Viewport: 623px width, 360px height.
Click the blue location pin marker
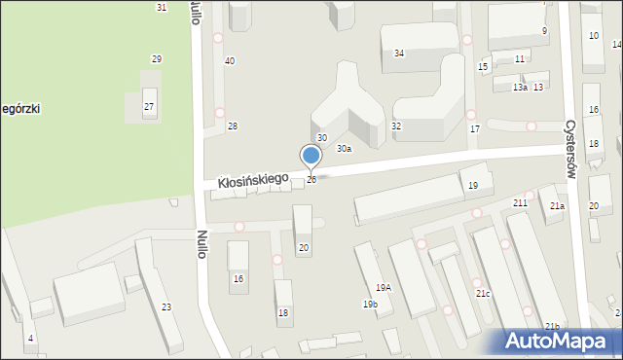pos(311,156)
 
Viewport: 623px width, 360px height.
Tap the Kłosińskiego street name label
pos(252,180)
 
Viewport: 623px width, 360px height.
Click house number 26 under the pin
pos(311,180)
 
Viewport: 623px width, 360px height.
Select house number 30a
pos(344,149)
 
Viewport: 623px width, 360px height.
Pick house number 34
pos(399,53)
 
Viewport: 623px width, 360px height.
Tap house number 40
pos(230,61)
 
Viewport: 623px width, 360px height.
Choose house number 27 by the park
pos(149,106)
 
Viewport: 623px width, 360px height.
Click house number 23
pos(166,307)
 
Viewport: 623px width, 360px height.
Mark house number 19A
pos(384,287)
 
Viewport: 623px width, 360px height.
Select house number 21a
pos(556,206)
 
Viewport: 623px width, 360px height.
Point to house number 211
pos(521,201)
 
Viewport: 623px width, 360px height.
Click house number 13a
pos(520,88)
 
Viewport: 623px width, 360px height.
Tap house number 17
pos(474,128)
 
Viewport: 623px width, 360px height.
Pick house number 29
pos(157,59)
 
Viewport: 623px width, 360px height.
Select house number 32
pos(396,126)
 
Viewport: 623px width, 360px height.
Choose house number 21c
pos(483,293)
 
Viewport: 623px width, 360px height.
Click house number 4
pos(30,338)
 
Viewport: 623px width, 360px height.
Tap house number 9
pos(544,31)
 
